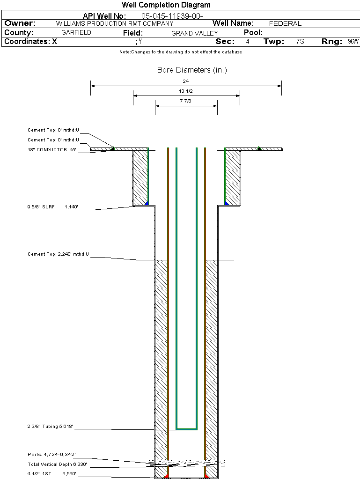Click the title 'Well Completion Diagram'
click(166, 5)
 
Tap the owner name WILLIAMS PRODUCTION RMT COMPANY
click(114, 23)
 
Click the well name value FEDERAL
click(285, 23)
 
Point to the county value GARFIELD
click(76, 33)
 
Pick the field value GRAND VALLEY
click(194, 33)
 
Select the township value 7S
click(300, 42)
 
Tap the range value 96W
click(353, 42)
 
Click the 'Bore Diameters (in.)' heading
click(192, 70)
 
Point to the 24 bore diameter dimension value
click(186, 81)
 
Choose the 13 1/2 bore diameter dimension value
click(186, 91)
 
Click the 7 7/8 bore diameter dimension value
click(186, 101)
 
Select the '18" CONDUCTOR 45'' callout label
click(51, 150)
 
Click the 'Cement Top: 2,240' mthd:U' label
click(58, 254)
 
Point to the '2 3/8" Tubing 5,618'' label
click(51, 427)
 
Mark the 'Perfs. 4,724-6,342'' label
click(51, 455)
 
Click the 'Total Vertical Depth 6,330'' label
click(57, 464)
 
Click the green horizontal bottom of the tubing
click(186, 429)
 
